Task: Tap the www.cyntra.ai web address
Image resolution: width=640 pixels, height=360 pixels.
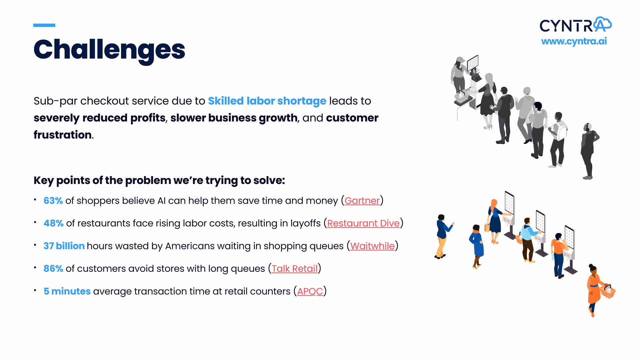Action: [x=574, y=41]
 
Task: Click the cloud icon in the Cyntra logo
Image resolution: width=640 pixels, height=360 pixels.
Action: [x=603, y=24]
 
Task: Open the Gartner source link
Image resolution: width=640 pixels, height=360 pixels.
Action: [x=362, y=201]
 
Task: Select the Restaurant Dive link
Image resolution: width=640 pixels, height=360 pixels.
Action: [x=363, y=223]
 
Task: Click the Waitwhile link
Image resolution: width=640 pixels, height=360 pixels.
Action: [x=372, y=246]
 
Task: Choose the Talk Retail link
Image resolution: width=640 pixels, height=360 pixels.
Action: [x=294, y=269]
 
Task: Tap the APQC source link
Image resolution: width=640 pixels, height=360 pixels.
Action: [x=310, y=291]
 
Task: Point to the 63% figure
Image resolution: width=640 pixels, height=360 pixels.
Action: [x=53, y=201]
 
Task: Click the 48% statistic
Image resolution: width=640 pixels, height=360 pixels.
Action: [x=54, y=223]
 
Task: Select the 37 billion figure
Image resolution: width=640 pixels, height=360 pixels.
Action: [x=64, y=246]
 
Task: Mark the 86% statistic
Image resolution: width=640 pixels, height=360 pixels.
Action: [x=53, y=269]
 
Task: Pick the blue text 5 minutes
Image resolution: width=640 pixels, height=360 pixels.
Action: [x=67, y=291]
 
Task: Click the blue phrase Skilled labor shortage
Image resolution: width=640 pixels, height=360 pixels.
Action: [x=267, y=101]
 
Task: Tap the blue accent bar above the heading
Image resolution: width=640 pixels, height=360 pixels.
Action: [x=44, y=25]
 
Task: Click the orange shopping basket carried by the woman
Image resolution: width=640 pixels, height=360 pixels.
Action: [x=607, y=291]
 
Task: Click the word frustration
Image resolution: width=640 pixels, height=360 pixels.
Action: [x=63, y=135]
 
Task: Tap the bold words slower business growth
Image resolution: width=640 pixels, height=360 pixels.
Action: [x=234, y=118]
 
